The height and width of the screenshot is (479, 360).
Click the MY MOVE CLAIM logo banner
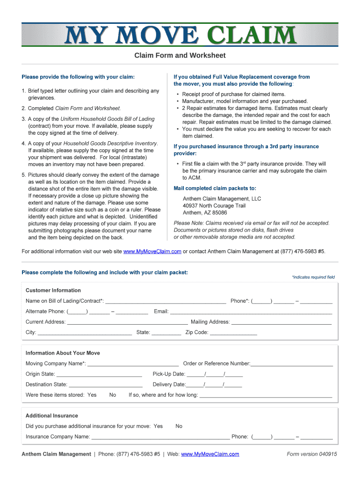tap(180, 35)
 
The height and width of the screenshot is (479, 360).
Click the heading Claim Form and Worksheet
tap(180, 56)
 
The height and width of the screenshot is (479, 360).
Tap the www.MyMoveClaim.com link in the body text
tap(152, 252)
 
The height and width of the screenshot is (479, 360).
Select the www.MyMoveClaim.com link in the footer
tap(210, 454)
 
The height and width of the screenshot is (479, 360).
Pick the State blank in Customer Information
tap(166, 333)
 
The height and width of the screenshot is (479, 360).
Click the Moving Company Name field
tap(133, 364)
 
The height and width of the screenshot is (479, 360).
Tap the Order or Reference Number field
tap(292, 364)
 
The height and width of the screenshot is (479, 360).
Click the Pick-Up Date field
tap(214, 374)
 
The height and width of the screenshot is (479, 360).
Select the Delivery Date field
tap(214, 385)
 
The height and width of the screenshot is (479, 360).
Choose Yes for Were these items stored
tap(92, 395)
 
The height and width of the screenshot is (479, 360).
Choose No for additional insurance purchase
tap(179, 426)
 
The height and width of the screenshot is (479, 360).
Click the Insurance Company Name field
tap(160, 437)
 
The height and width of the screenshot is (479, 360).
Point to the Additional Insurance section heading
tap(52, 416)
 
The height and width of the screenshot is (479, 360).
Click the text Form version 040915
tap(312, 454)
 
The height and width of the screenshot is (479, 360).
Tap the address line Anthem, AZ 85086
tap(205, 213)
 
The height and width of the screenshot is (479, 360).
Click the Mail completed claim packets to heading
tap(215, 189)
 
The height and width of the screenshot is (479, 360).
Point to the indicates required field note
tap(313, 277)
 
